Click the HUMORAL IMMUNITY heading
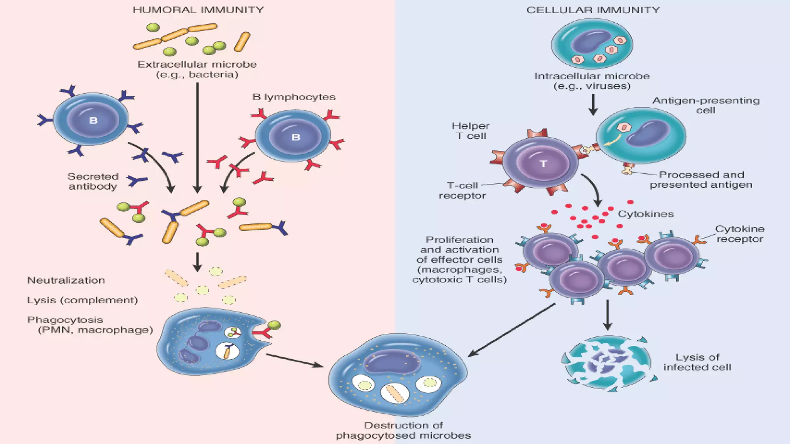pos(198,10)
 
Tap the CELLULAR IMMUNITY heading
pos(593,10)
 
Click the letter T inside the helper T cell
pos(543,164)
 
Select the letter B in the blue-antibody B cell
pos(93,121)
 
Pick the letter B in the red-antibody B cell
pos(296,137)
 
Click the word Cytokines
pos(645,214)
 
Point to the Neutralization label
pos(66,281)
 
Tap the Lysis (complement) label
pos(82,300)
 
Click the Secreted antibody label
pos(93,182)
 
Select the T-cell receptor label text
pos(462,190)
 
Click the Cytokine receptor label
pos(739,234)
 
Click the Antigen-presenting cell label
pos(706,105)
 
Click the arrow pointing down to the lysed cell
pos(608,314)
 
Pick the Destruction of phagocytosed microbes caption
pos(403,431)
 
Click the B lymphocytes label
pos(294,97)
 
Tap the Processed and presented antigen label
pos(701,180)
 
